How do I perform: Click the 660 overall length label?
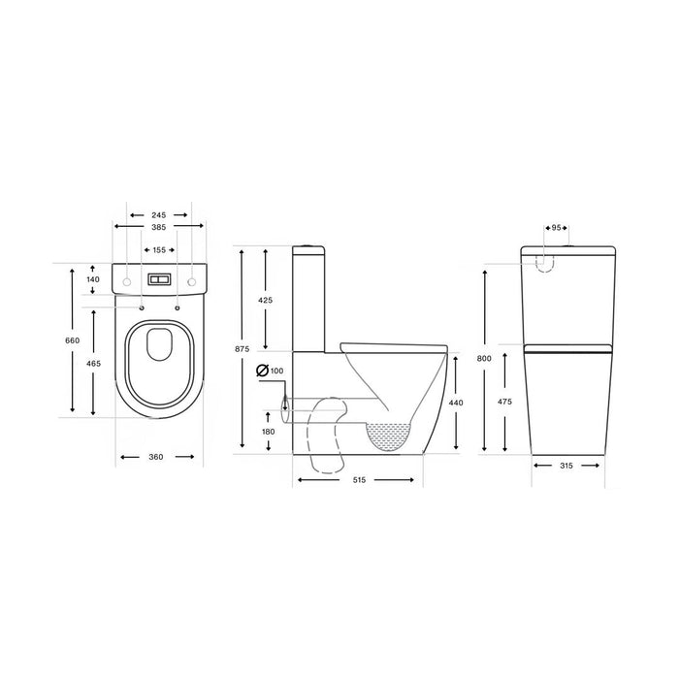(x=72, y=340)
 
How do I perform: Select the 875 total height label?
(x=241, y=349)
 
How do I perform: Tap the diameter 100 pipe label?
(x=275, y=372)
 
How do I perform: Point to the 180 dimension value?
(x=267, y=432)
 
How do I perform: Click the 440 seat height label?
(x=455, y=402)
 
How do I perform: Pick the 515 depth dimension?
(x=359, y=480)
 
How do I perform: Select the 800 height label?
(x=485, y=359)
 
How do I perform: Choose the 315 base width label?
(x=567, y=466)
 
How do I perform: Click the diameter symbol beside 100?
(x=260, y=372)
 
